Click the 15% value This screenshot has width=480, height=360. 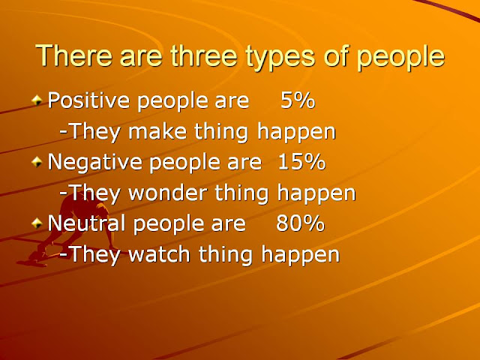click(301, 161)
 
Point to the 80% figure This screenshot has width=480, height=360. click(300, 223)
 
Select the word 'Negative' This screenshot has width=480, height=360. click(95, 161)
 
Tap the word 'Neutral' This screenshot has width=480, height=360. click(87, 223)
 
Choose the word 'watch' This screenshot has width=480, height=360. click(159, 254)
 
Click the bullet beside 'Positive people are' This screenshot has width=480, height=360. click(37, 100)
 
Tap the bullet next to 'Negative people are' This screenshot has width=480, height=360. click(37, 161)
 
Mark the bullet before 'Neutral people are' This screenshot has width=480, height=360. click(37, 223)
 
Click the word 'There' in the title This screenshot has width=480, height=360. click(73, 55)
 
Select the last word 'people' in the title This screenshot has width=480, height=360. click(400, 58)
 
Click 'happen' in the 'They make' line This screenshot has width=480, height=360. click(296, 133)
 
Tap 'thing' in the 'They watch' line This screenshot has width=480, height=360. click(226, 255)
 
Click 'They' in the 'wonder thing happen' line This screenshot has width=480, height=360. click(92, 193)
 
